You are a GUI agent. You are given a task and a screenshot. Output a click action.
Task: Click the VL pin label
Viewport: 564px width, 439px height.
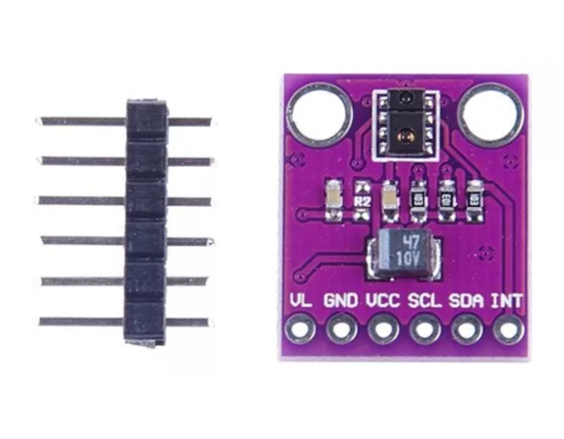pos(300,301)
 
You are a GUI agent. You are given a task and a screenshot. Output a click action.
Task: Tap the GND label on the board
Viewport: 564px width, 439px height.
pos(342,301)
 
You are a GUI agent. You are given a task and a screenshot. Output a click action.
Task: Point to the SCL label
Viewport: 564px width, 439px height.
pos(425,301)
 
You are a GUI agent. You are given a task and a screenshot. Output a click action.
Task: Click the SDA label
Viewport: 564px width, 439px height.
pos(467,301)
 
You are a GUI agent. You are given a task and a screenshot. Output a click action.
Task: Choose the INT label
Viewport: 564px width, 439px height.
pos(507,301)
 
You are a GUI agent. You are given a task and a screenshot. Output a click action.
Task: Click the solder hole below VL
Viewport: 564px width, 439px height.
pos(302,329)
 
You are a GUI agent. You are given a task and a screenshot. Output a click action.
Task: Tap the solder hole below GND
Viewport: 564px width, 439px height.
pos(342,329)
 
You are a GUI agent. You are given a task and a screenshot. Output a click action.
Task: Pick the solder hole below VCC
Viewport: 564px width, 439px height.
pos(383,329)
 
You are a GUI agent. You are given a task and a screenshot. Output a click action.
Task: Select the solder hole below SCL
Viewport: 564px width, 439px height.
pos(424,329)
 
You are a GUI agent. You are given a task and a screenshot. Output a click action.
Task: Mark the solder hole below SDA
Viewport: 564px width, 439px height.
pos(465,329)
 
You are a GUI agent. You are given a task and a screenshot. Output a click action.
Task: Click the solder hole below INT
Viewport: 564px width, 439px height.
pos(506,329)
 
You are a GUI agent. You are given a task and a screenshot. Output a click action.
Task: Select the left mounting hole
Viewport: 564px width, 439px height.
pos(321,111)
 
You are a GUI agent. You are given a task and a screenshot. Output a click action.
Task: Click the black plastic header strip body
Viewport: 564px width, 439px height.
pos(146,222)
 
